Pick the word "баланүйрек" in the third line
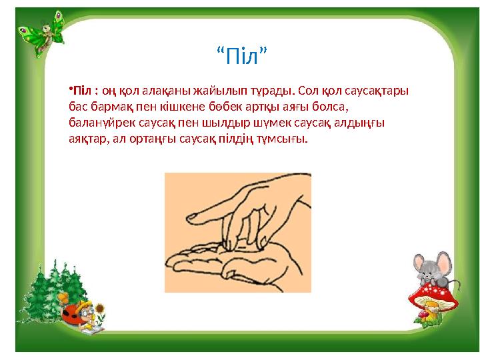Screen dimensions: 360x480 coord(99,123)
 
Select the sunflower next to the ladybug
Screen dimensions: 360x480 coord(100,309)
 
